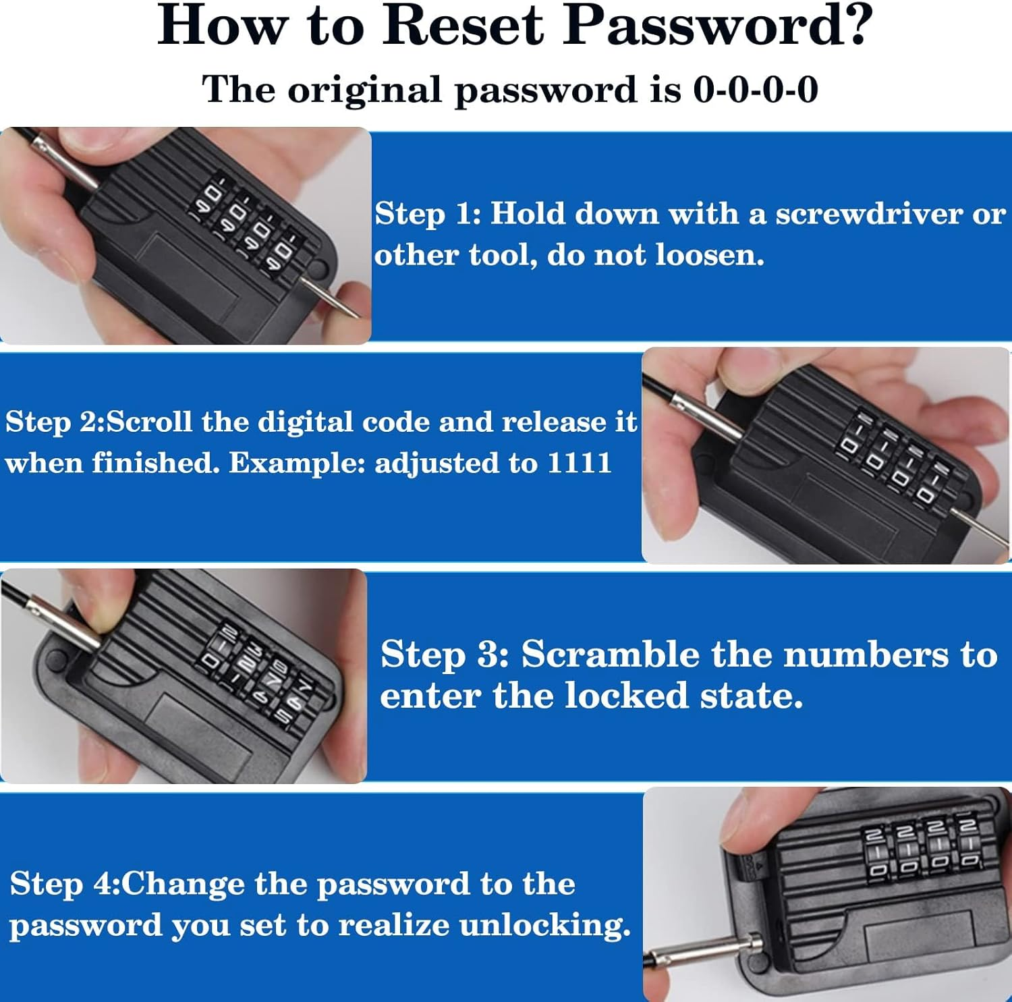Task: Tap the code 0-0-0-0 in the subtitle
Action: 756,90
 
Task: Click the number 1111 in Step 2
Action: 579,463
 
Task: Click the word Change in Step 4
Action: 183,884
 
